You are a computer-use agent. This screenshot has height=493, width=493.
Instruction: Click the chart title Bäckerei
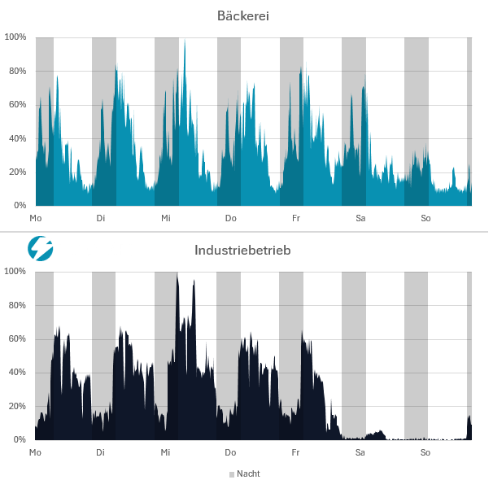click(x=243, y=15)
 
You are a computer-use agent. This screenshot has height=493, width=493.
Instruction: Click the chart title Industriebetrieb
click(x=242, y=250)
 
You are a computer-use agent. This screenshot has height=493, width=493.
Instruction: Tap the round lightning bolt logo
click(x=40, y=248)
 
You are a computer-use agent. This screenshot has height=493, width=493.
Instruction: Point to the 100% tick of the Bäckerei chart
click(x=15, y=37)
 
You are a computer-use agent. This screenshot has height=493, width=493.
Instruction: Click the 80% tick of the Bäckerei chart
click(x=17, y=71)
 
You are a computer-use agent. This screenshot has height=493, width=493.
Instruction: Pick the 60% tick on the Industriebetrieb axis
click(x=17, y=338)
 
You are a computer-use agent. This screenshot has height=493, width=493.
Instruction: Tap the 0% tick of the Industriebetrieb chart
click(x=20, y=439)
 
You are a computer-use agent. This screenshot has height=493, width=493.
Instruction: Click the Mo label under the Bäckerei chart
click(x=35, y=218)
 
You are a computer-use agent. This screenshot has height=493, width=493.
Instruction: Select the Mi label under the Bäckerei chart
click(x=165, y=218)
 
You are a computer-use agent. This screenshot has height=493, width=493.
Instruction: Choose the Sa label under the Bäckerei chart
click(x=360, y=218)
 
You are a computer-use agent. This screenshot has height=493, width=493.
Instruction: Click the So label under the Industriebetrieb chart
click(x=425, y=452)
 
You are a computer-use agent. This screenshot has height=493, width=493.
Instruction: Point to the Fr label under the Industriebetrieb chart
click(x=295, y=452)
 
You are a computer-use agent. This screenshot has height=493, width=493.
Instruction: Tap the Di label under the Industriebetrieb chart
click(x=100, y=452)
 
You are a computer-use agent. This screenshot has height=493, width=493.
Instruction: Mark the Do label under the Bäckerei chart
click(x=230, y=218)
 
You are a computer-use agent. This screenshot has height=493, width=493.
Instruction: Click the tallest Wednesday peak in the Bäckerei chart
click(x=185, y=41)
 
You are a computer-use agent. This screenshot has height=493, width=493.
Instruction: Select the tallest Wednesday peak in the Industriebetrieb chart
click(x=177, y=274)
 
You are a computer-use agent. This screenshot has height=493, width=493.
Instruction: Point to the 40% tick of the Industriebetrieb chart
click(x=17, y=372)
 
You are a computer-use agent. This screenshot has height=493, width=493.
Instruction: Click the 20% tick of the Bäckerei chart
click(x=17, y=172)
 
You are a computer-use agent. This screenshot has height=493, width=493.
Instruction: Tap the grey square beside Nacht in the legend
click(x=231, y=473)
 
